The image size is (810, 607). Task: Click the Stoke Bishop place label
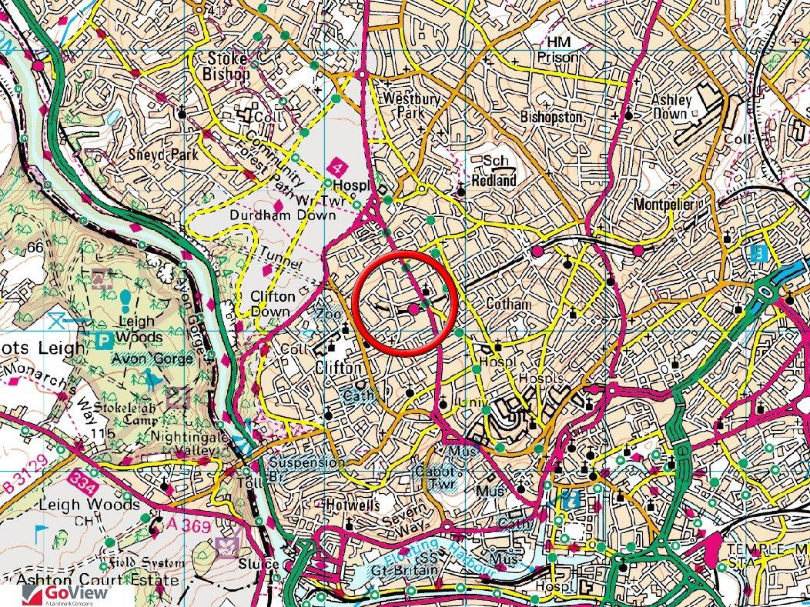pyautogui.click(x=226, y=66)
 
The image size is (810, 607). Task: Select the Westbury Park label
pyautogui.click(x=411, y=105)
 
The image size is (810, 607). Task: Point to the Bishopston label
pyautogui.click(x=551, y=117)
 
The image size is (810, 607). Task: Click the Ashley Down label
pyautogui.click(x=671, y=107)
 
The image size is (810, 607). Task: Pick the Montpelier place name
pyautogui.click(x=664, y=205)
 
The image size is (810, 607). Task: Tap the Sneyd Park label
pyautogui.click(x=163, y=155)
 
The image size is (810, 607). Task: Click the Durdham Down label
pyautogui.click(x=283, y=215)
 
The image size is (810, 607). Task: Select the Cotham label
pyautogui.click(x=508, y=304)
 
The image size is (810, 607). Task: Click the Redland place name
pyautogui.click(x=494, y=180)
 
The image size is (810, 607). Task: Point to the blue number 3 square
pyautogui.click(x=759, y=254)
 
